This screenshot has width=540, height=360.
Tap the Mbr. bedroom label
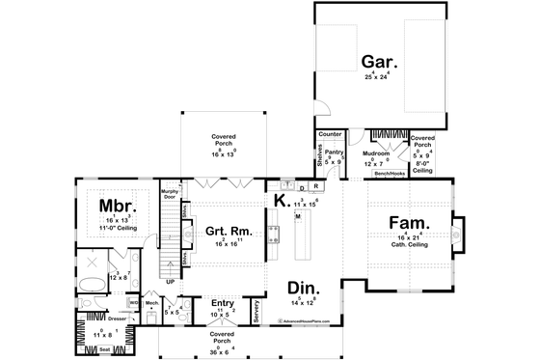pos(115,206)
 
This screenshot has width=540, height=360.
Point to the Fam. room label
pos(409,223)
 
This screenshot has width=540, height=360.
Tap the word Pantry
pos(334,152)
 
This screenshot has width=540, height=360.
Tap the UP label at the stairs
pos(171,283)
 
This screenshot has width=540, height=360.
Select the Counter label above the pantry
pos(331,135)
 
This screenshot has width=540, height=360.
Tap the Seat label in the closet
pos(104,348)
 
